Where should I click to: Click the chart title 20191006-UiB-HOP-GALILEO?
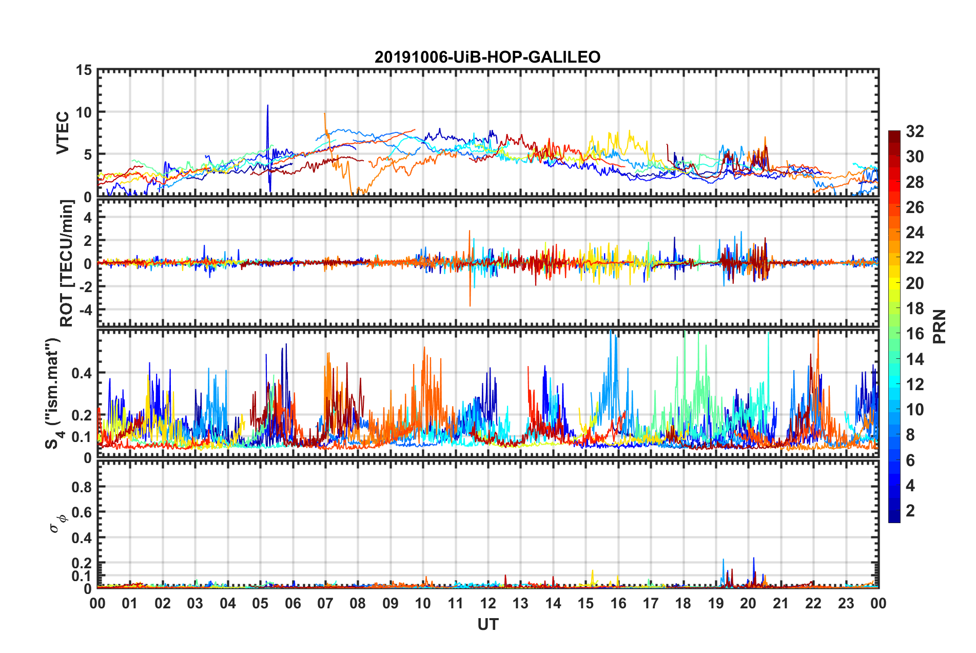click(x=487, y=57)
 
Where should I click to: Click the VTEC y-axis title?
click(x=62, y=133)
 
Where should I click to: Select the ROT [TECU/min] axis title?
click(x=66, y=263)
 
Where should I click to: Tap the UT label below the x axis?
click(x=487, y=624)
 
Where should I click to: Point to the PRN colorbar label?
click(x=940, y=326)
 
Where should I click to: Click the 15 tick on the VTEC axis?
click(x=84, y=70)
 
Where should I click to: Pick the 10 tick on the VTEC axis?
click(x=84, y=112)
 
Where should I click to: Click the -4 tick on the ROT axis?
click(x=84, y=310)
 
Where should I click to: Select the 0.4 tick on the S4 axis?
click(x=81, y=373)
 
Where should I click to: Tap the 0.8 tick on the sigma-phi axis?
click(x=81, y=487)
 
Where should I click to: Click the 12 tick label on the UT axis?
click(x=488, y=604)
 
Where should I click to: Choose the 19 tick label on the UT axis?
click(x=716, y=604)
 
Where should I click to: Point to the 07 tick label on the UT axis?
click(x=325, y=604)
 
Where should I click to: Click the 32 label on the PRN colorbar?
click(x=914, y=131)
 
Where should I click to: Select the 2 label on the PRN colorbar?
click(x=910, y=510)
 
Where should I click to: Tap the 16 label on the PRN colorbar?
click(x=914, y=334)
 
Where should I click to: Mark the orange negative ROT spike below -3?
click(x=470, y=303)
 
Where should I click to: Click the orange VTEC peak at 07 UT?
click(x=324, y=116)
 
